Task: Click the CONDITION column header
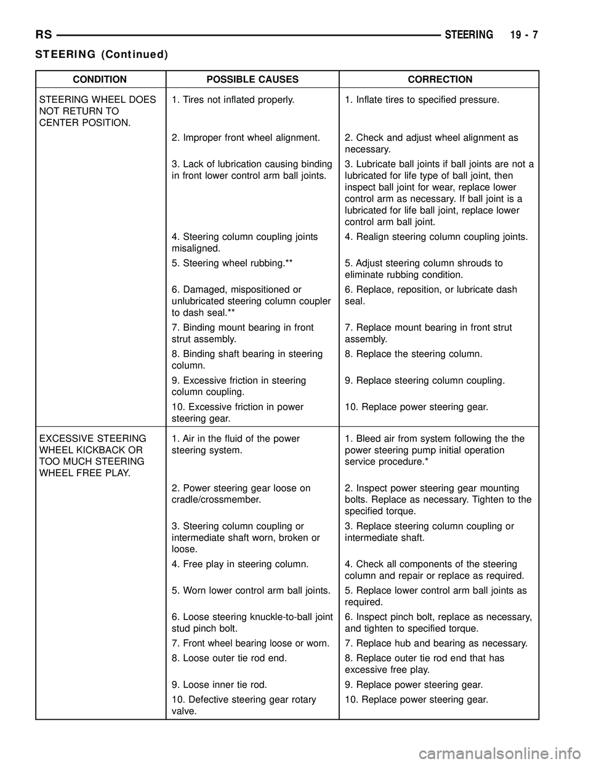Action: coord(100,79)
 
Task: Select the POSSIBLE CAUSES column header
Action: coord(252,79)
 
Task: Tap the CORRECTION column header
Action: coord(440,79)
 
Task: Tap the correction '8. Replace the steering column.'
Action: coord(413,354)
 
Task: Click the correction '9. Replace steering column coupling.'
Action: coord(425,380)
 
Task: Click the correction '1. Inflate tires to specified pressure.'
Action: coord(422,99)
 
